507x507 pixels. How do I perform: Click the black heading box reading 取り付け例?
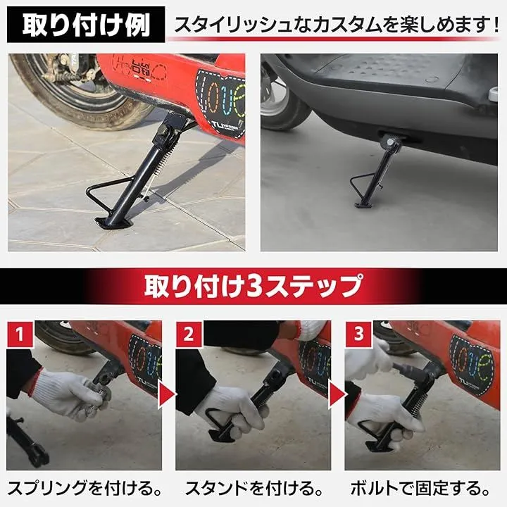pos(86,25)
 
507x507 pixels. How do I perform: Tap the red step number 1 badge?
pos(20,334)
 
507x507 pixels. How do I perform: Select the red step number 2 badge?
pos(189,334)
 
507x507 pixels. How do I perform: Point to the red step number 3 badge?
pos(358,334)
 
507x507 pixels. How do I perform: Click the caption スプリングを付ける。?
pos(84,489)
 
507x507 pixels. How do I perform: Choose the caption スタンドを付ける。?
pos(254,489)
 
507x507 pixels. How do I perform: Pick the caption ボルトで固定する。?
pos(420,489)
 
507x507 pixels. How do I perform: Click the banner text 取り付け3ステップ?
pos(254,286)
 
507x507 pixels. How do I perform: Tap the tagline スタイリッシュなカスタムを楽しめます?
pos(337,25)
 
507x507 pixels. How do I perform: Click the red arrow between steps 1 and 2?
pos(166,394)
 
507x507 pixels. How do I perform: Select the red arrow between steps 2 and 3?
pos(337,394)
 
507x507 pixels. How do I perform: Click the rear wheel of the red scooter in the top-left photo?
pos(77,87)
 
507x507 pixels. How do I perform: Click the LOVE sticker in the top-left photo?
pos(221,104)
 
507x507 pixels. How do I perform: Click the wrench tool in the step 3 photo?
pos(411,371)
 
